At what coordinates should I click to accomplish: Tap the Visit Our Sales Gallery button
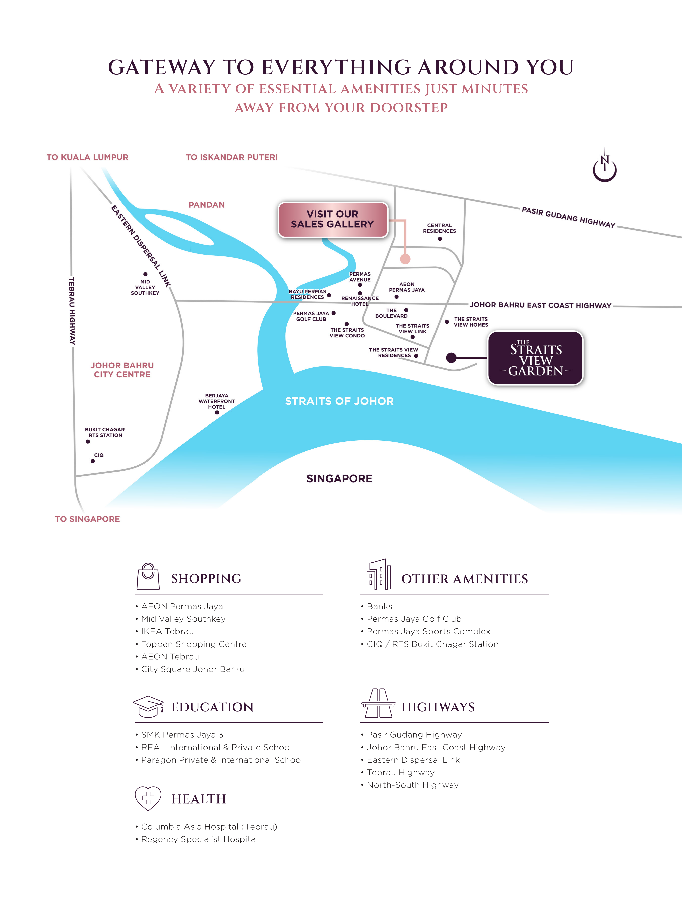[x=332, y=219]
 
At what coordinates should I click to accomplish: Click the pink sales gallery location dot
[x=405, y=259]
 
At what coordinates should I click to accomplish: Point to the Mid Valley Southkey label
[x=145, y=287]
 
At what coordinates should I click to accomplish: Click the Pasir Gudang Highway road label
[x=568, y=217]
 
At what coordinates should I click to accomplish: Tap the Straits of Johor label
[x=339, y=401]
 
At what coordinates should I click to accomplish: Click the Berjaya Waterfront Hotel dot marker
[x=217, y=412]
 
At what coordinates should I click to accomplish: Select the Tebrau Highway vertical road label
[x=72, y=311]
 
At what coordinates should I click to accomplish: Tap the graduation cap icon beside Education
[x=148, y=706]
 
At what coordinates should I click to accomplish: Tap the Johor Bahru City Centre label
[x=122, y=370]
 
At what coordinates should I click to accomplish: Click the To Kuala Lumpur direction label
[x=88, y=157]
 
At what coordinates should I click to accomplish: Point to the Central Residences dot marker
[x=440, y=239]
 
